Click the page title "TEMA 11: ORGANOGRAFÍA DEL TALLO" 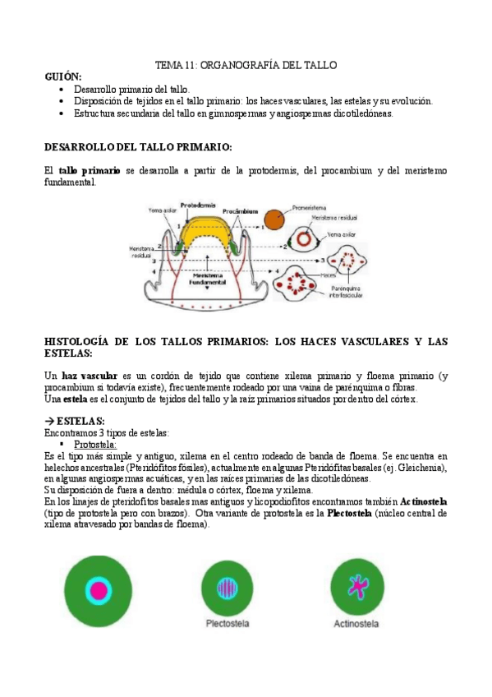246,65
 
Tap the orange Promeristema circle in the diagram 274,220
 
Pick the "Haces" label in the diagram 329,275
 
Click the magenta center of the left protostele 99,589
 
